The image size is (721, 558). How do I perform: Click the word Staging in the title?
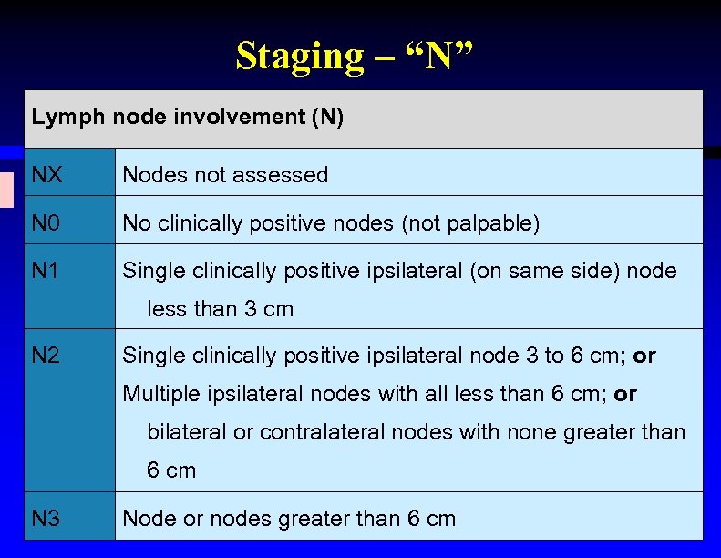coord(286,56)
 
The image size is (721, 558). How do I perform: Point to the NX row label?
coord(46,174)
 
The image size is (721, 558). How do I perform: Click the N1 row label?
coord(45,271)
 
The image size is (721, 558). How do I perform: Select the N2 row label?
coord(46,356)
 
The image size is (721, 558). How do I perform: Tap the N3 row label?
coord(46,519)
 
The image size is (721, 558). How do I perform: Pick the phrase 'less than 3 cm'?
coord(221,309)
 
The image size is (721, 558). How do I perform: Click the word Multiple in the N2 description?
coord(157,394)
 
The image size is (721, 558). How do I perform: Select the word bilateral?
coord(187,432)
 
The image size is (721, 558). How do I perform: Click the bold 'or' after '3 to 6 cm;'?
coord(644,356)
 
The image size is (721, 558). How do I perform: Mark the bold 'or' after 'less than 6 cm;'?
coord(625,394)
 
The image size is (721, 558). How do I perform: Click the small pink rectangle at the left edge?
coord(6,189)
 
